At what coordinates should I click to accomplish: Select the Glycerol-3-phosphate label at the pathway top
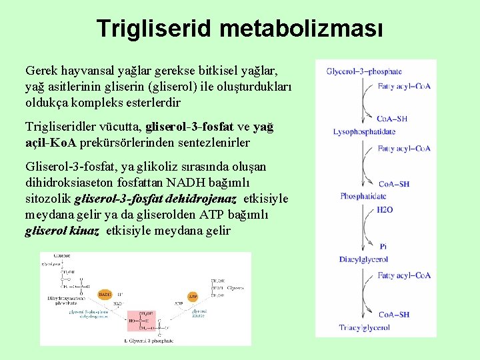pyautogui.click(x=363, y=71)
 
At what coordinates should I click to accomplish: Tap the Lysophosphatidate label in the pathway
pyautogui.click(x=364, y=131)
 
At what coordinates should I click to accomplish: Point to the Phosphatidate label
pyautogui.click(x=363, y=196)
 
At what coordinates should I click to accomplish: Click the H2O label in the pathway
pyautogui.click(x=385, y=210)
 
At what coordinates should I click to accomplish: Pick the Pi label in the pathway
pyautogui.click(x=383, y=246)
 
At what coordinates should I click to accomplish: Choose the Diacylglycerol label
pyautogui.click(x=363, y=259)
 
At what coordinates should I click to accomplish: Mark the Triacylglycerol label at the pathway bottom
pyautogui.click(x=363, y=328)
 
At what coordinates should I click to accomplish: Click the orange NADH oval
pyautogui.click(x=105, y=293)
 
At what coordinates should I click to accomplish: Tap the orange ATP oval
pyautogui.click(x=193, y=296)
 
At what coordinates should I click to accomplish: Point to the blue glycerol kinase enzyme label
pyautogui.click(x=199, y=313)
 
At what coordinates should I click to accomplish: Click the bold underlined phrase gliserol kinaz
pyautogui.click(x=62, y=231)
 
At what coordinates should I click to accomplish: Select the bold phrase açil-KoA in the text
pyautogui.click(x=51, y=143)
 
